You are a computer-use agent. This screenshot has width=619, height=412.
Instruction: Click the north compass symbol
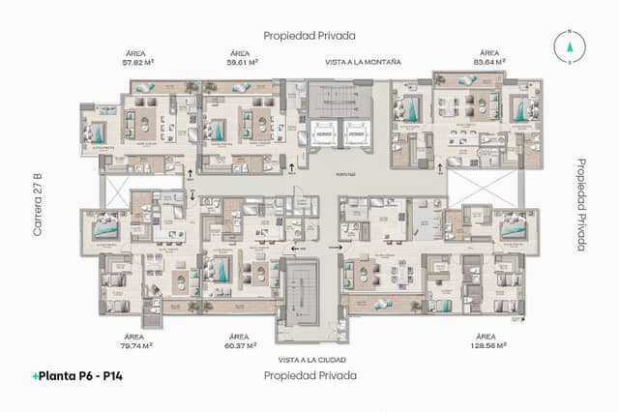[x=571, y=44]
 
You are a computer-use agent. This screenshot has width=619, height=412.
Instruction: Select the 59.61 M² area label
[x=241, y=61]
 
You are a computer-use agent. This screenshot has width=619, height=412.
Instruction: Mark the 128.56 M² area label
[x=489, y=344]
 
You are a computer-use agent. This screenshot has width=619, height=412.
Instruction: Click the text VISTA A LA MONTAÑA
[x=363, y=62]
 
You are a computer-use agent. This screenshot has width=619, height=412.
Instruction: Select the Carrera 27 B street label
[x=37, y=206]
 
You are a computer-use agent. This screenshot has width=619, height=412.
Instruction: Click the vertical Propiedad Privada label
[x=581, y=205]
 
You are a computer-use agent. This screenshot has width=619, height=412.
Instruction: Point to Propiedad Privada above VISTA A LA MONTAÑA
[x=309, y=35]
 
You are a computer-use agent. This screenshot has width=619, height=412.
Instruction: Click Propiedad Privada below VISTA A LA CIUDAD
[x=309, y=374]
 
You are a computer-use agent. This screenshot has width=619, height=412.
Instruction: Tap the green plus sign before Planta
[x=36, y=375]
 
